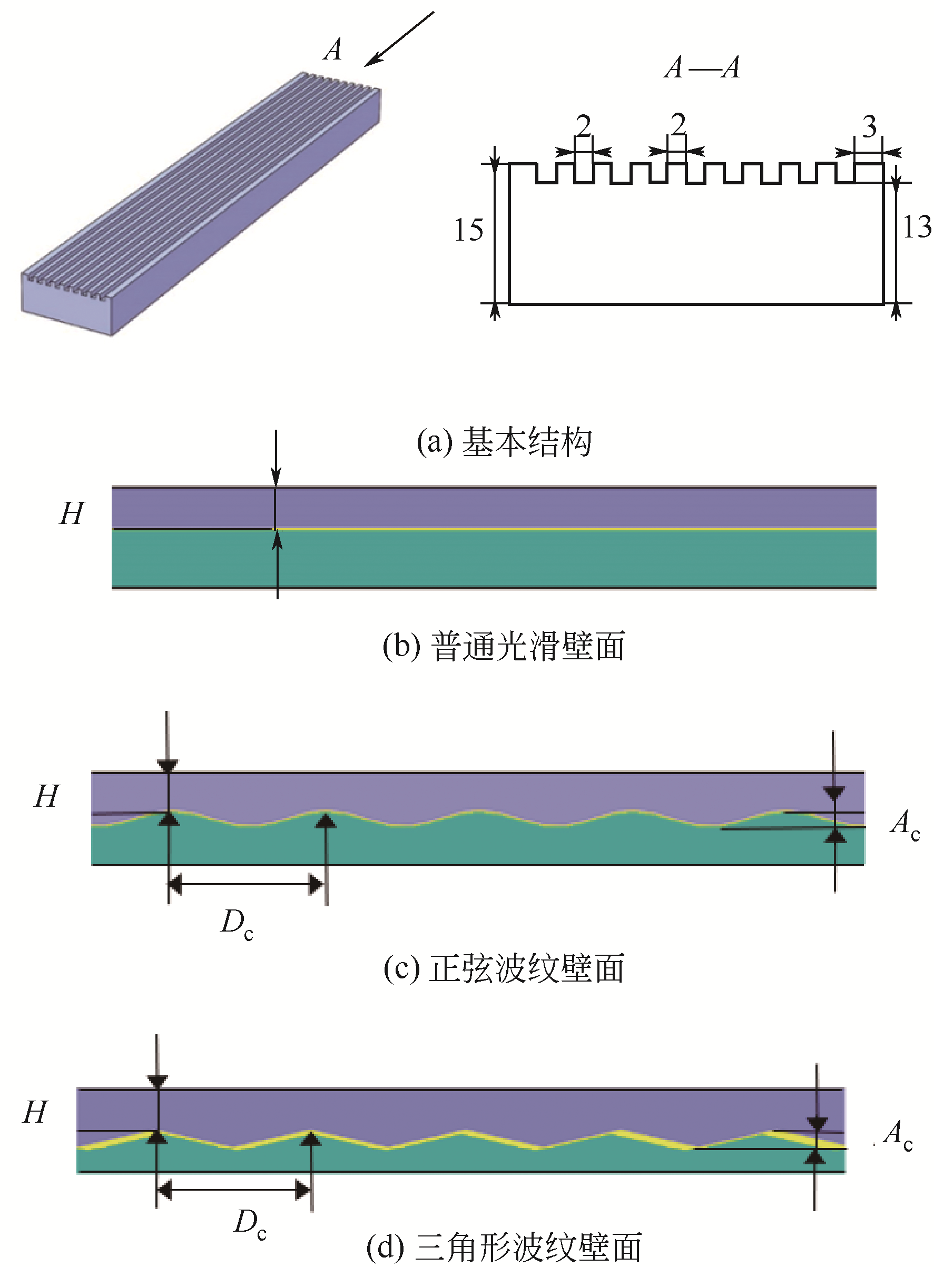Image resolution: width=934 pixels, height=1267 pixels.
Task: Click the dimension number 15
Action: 469,230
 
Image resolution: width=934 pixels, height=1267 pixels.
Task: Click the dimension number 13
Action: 917,227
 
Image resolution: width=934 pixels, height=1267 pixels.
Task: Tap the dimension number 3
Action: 870,126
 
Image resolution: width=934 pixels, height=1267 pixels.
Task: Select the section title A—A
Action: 702,68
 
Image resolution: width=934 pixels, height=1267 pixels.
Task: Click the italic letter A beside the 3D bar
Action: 333,49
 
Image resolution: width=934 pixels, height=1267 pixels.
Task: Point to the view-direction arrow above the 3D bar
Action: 399,39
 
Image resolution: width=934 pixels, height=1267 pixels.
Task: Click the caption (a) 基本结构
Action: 504,442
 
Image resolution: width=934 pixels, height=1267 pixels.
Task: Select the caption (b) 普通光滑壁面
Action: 504,646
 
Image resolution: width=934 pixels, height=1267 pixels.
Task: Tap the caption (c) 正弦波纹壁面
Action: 504,968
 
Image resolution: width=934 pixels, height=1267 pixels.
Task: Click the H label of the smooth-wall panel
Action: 72,513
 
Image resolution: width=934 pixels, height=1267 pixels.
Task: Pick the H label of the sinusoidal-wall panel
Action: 46,796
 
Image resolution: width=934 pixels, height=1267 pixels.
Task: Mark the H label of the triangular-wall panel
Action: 35,1112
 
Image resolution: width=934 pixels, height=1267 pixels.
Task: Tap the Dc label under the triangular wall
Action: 250,1224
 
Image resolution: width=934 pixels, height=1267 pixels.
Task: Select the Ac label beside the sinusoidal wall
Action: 905,824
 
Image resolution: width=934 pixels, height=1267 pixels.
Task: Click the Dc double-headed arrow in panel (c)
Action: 247,884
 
